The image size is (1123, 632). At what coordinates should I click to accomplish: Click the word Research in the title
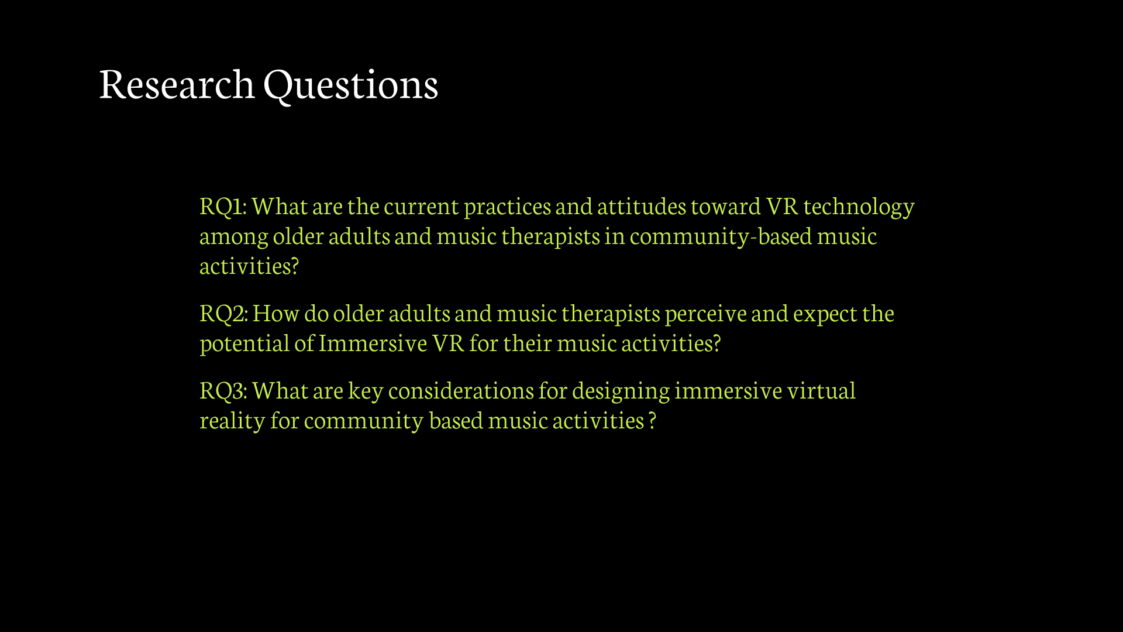click(177, 84)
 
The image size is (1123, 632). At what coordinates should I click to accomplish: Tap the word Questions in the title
click(351, 85)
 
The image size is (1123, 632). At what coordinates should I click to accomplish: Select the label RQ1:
click(223, 206)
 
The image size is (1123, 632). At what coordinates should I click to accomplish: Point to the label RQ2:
click(224, 313)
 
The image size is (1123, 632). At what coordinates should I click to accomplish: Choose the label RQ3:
click(224, 390)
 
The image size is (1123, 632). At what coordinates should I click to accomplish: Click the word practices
click(507, 207)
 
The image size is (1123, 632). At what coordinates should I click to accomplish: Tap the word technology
click(859, 207)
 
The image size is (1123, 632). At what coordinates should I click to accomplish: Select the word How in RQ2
click(276, 313)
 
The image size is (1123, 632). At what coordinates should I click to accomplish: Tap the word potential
click(244, 344)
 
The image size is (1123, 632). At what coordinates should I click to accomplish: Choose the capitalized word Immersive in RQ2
click(373, 343)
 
